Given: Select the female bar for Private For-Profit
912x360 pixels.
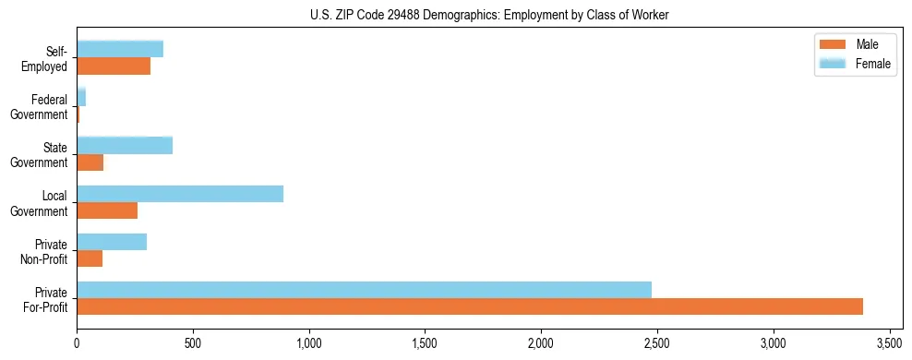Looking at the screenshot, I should tap(364, 290).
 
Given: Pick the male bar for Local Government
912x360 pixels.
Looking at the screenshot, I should tap(107, 210).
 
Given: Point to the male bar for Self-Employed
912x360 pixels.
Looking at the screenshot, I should tap(114, 66).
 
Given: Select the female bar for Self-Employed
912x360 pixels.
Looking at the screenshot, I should tap(120, 49).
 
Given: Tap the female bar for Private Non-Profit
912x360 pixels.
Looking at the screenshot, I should tap(112, 242).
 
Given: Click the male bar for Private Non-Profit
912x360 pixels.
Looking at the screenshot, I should tap(90, 258).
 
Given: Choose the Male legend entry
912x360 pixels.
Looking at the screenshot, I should tap(854, 44).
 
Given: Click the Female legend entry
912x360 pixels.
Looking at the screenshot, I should tap(854, 63).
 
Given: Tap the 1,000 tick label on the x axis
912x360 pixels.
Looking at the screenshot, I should tap(308, 343).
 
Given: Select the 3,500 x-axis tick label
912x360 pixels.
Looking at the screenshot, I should tap(889, 343).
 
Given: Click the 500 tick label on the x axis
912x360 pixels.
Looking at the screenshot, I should tap(193, 343).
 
